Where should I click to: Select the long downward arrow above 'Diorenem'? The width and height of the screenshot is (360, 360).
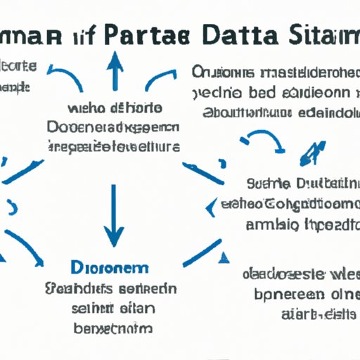[x=112, y=211]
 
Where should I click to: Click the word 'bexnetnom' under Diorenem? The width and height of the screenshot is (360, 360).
[x=112, y=329]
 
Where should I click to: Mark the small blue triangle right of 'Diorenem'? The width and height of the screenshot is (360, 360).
[x=224, y=257]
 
